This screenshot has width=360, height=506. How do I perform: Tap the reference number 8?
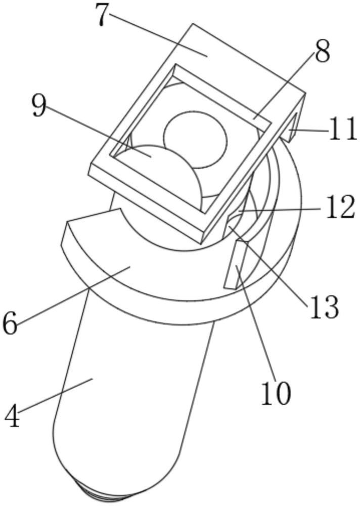click(322, 52)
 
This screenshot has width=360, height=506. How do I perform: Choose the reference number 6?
click(10, 324)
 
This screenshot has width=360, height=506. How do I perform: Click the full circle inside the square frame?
click(196, 139)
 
